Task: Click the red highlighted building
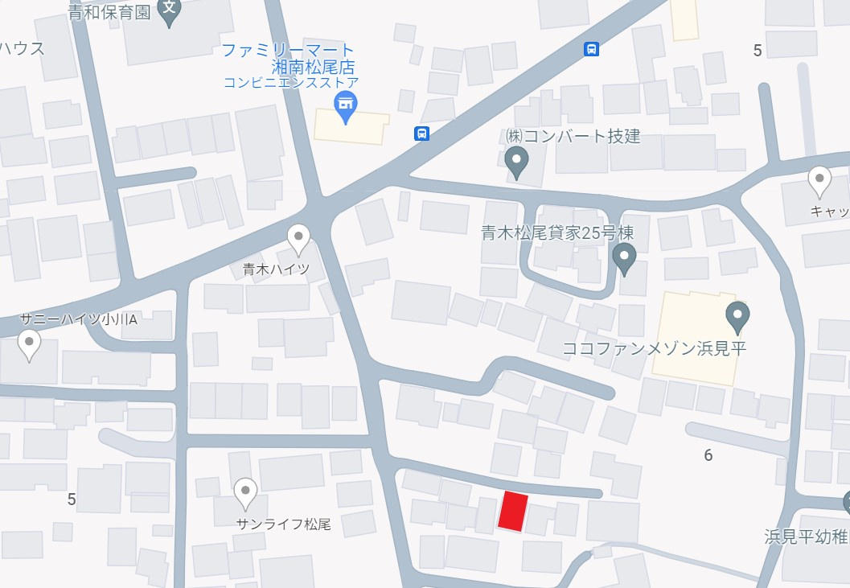(x=513, y=512)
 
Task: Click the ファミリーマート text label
(x=288, y=50)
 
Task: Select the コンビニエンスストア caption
(x=290, y=82)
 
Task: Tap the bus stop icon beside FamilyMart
(x=421, y=134)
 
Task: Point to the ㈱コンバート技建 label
(x=573, y=135)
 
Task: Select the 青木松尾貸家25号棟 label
(x=557, y=233)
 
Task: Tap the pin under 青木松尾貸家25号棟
(x=624, y=258)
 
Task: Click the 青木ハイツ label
(x=276, y=269)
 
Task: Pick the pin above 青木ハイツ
(x=298, y=238)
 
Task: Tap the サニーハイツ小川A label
(x=79, y=319)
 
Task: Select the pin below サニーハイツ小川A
(x=30, y=346)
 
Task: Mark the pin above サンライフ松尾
(x=245, y=491)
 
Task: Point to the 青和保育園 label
(x=109, y=14)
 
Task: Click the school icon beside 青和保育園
(x=169, y=10)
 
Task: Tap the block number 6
(x=708, y=455)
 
